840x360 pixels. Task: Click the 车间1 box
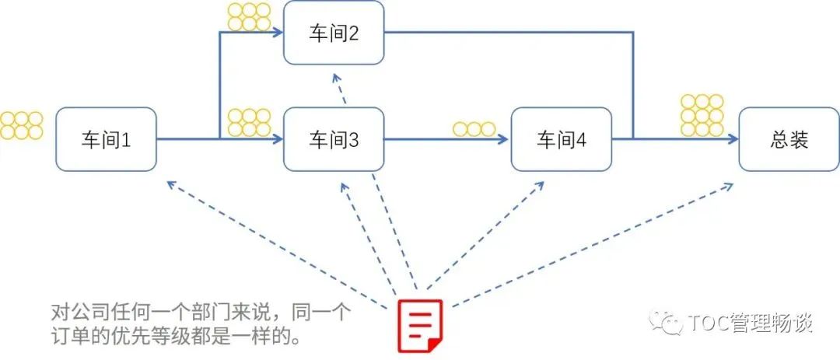106,139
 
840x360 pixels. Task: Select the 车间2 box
334,33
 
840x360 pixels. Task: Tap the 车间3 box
334,139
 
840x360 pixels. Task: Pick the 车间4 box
561,139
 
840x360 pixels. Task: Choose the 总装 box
789,139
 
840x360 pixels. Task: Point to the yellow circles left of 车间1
21,125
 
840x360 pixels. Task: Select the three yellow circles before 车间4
474,129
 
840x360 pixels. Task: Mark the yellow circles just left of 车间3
249,122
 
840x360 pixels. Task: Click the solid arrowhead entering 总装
733,139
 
